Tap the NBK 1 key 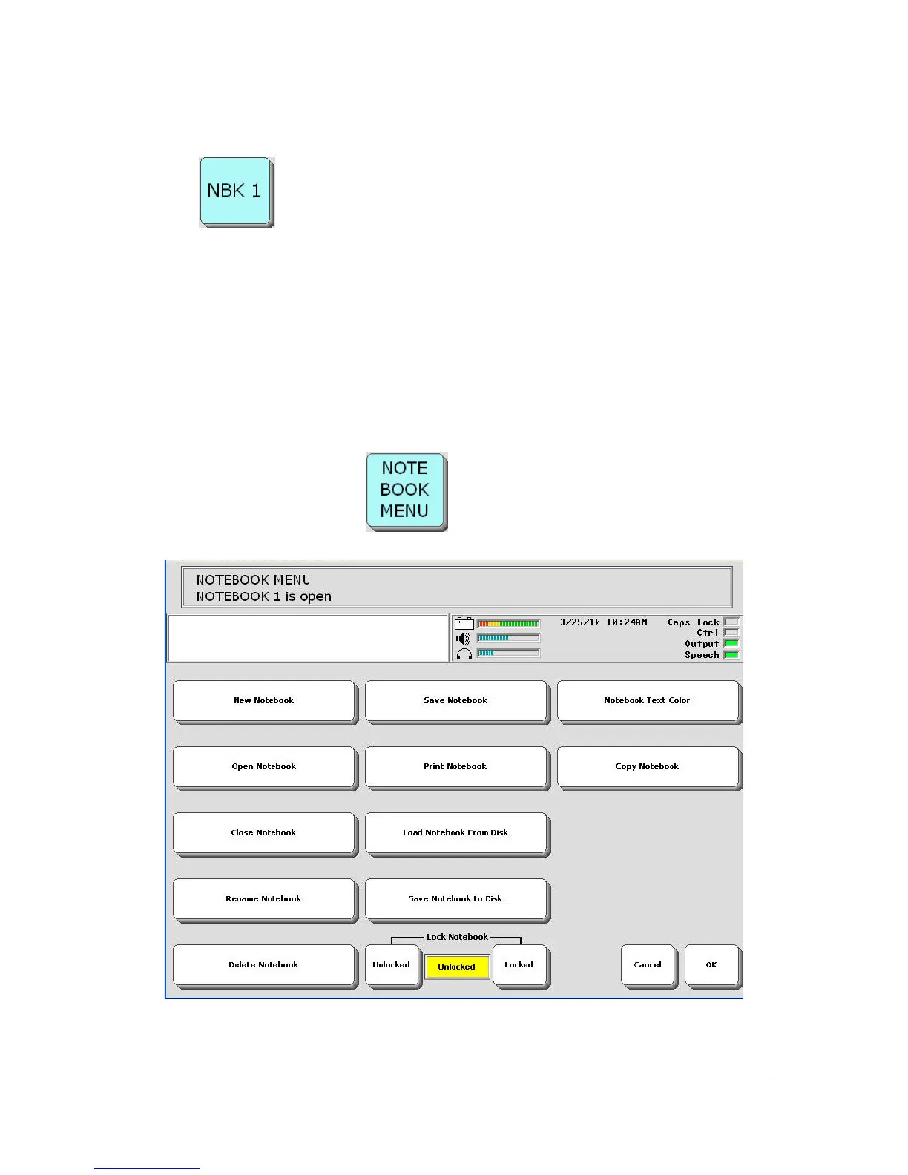point(235,191)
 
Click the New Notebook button point(264,700)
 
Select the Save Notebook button point(456,700)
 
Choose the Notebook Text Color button point(648,700)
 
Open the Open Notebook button point(264,766)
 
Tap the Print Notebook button point(456,766)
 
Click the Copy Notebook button point(648,766)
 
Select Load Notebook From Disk point(456,832)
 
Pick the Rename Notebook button point(264,898)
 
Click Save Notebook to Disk point(456,898)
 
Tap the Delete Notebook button point(264,964)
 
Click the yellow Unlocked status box point(456,967)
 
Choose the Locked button point(519,964)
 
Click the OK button point(711,964)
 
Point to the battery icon point(464,623)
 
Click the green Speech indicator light point(731,655)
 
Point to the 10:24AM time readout point(626,622)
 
